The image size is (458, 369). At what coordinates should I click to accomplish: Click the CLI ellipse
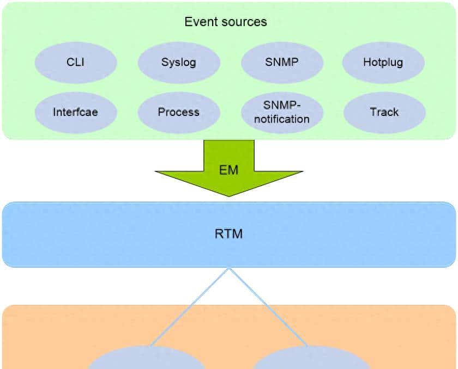75,62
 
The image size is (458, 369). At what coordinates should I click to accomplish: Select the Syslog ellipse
178,62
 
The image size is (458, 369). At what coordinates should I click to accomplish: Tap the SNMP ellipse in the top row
281,62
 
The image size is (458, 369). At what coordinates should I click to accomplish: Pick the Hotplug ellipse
383,62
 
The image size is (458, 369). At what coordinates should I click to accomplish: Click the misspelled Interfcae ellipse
75,112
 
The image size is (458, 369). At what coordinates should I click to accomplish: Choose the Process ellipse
178,112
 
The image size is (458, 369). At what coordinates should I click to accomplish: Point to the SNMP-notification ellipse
281,112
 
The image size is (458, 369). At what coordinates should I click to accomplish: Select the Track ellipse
384,112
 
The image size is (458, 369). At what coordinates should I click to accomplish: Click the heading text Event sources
226,22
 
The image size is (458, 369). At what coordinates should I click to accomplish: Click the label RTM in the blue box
228,235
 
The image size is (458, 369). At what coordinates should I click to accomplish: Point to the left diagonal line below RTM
190,306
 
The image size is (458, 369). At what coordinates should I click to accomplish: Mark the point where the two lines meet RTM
229,268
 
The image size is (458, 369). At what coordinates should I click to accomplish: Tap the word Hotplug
383,62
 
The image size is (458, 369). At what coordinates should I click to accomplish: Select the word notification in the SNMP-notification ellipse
281,119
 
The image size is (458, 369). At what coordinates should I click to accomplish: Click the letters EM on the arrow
228,170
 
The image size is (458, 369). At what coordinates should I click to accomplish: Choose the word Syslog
178,62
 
